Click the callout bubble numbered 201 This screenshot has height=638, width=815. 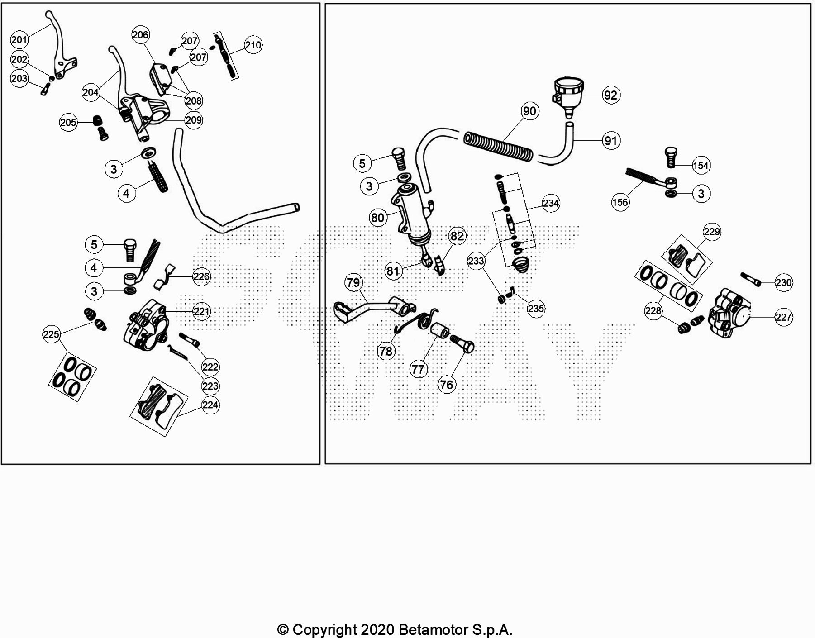[x=19, y=40]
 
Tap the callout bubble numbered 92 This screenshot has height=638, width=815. [x=610, y=95]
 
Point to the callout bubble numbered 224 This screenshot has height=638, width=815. [x=210, y=405]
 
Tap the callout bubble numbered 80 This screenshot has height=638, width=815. [x=377, y=218]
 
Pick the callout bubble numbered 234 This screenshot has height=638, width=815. [x=551, y=204]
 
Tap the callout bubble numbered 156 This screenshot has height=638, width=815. [x=620, y=202]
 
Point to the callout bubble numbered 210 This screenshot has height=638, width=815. [x=253, y=45]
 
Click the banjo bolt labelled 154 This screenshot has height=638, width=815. [x=670, y=158]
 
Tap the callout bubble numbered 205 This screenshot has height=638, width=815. [x=68, y=123]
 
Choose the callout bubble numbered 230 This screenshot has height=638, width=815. [x=783, y=283]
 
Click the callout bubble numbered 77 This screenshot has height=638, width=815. [x=418, y=370]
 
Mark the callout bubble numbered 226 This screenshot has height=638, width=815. [x=201, y=276]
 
